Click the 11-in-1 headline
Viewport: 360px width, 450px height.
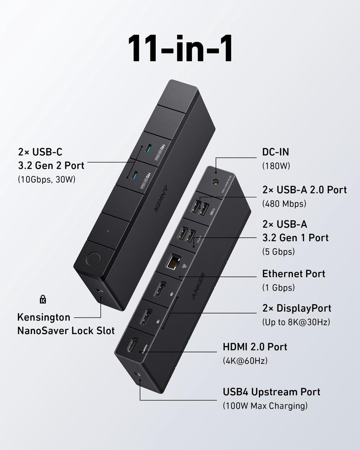click(x=180, y=49)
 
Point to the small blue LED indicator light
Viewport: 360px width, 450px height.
click(x=108, y=231)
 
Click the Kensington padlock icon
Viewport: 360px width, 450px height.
click(x=43, y=300)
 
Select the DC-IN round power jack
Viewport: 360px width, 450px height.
click(x=214, y=182)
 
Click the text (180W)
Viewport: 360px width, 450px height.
click(x=276, y=166)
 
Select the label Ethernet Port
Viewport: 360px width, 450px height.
click(x=294, y=274)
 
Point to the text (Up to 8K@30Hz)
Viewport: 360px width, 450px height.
click(x=296, y=322)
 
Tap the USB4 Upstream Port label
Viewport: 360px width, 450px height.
click(x=271, y=392)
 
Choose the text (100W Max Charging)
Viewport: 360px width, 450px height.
click(x=265, y=406)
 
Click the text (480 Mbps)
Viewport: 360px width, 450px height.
click(x=284, y=204)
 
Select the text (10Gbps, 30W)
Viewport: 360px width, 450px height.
click(x=47, y=179)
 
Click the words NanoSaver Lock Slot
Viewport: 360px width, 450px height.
click(x=66, y=330)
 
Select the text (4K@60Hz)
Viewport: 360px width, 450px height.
click(x=245, y=361)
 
